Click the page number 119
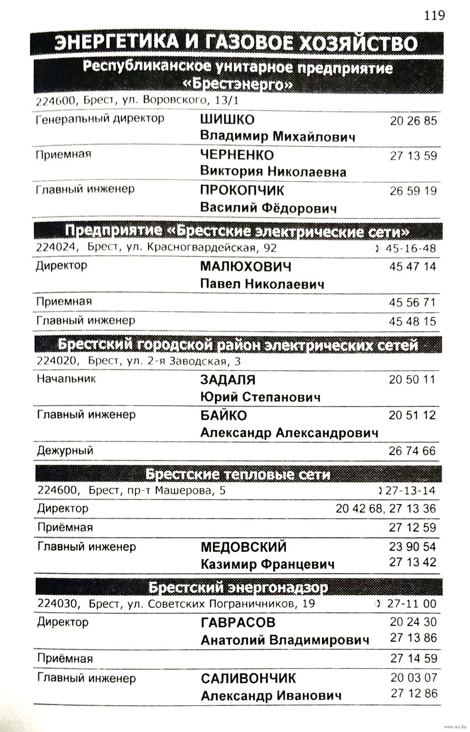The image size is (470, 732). [x=434, y=16]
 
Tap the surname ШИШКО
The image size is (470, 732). [x=227, y=119]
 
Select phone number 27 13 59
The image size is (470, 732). [x=413, y=156]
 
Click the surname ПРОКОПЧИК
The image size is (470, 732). [x=242, y=190]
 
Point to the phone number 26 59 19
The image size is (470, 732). [x=413, y=191]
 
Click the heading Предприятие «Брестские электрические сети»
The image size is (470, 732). [x=237, y=232]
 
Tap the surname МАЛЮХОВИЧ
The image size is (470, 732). [x=245, y=266]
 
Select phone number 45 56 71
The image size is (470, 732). [x=412, y=302]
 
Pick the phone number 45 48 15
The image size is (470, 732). [x=412, y=321]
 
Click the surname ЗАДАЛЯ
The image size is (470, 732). [x=227, y=380]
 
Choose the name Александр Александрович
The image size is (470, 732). [x=289, y=433]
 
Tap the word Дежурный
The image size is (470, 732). [x=65, y=451]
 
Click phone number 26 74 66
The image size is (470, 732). [x=412, y=451]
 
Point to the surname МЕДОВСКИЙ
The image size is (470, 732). [x=243, y=547]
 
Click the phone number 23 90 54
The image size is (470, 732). [x=412, y=546]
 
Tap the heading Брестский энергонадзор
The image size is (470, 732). [x=238, y=587]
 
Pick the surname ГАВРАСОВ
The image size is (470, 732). [x=238, y=623]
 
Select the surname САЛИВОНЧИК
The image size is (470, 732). [x=248, y=678]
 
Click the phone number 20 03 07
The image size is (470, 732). [x=413, y=677]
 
